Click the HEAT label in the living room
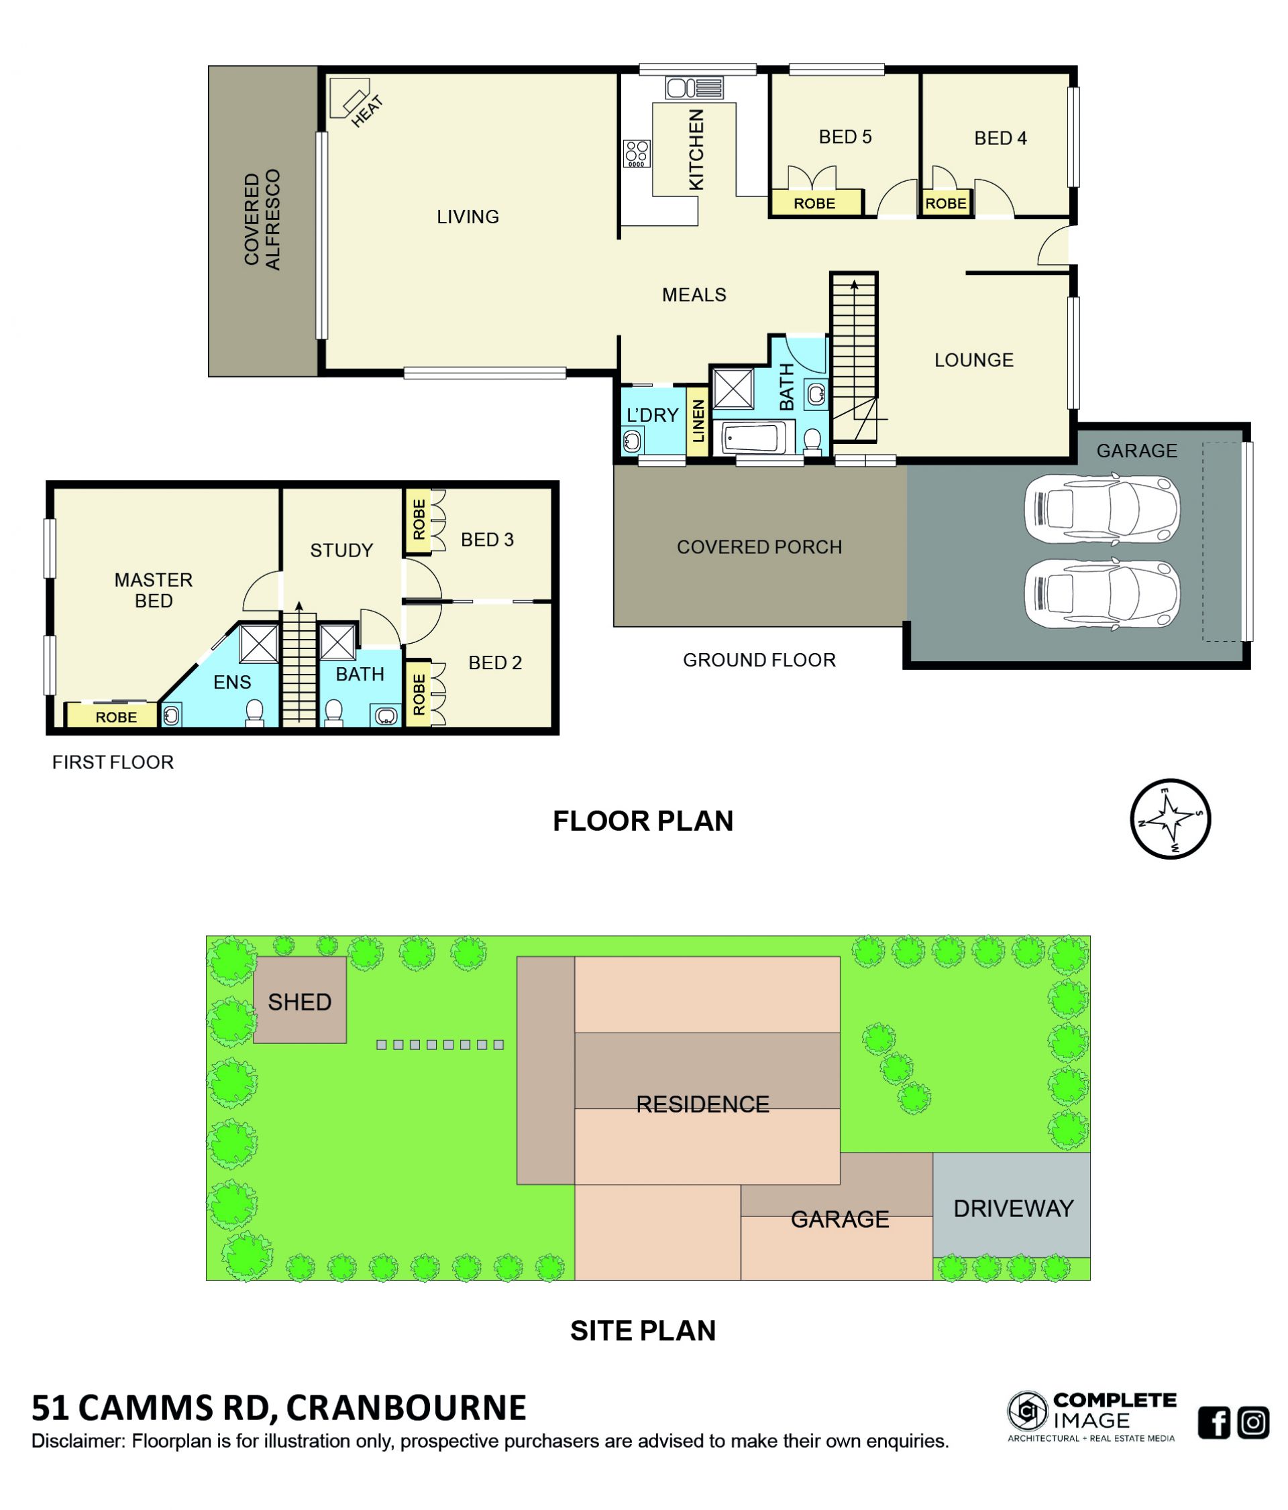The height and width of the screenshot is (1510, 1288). click(x=367, y=111)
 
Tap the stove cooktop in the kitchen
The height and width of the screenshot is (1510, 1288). click(x=637, y=154)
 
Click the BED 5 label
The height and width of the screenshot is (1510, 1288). click(x=845, y=137)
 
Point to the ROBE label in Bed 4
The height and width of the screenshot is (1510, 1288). click(x=945, y=203)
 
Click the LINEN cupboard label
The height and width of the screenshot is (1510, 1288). click(x=698, y=421)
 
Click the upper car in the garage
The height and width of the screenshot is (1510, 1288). click(x=1101, y=508)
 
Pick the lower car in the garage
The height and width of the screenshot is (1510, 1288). click(x=1101, y=593)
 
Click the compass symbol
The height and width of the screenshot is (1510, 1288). click(x=1170, y=819)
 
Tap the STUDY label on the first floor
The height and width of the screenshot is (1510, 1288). click(x=341, y=550)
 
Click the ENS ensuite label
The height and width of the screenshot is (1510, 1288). click(x=232, y=682)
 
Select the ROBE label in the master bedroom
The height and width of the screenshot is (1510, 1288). click(x=116, y=717)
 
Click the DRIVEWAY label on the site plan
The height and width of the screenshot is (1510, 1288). click(x=1013, y=1209)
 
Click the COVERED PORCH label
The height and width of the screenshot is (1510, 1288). click(x=759, y=546)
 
